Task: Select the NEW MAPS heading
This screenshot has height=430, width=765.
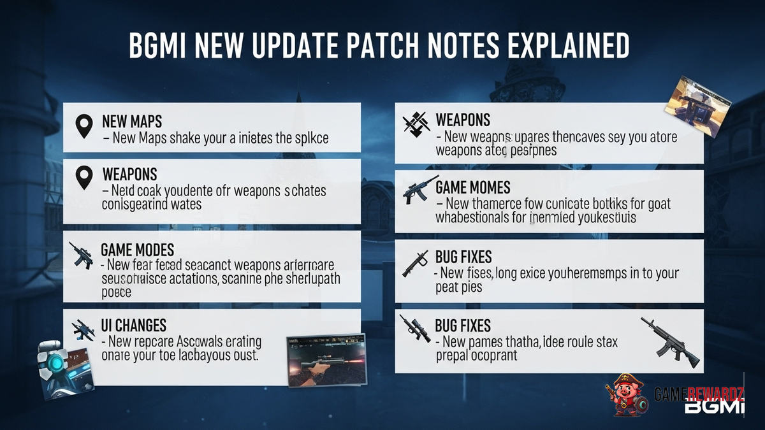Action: [132, 120]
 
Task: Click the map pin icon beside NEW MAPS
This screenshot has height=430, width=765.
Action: [84, 127]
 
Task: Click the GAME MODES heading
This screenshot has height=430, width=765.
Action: [137, 249]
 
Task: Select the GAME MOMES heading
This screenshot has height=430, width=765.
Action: [473, 188]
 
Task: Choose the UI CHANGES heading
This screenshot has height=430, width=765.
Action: [133, 325]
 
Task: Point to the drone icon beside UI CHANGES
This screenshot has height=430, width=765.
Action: [84, 329]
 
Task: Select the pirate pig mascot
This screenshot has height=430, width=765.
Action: [627, 394]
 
